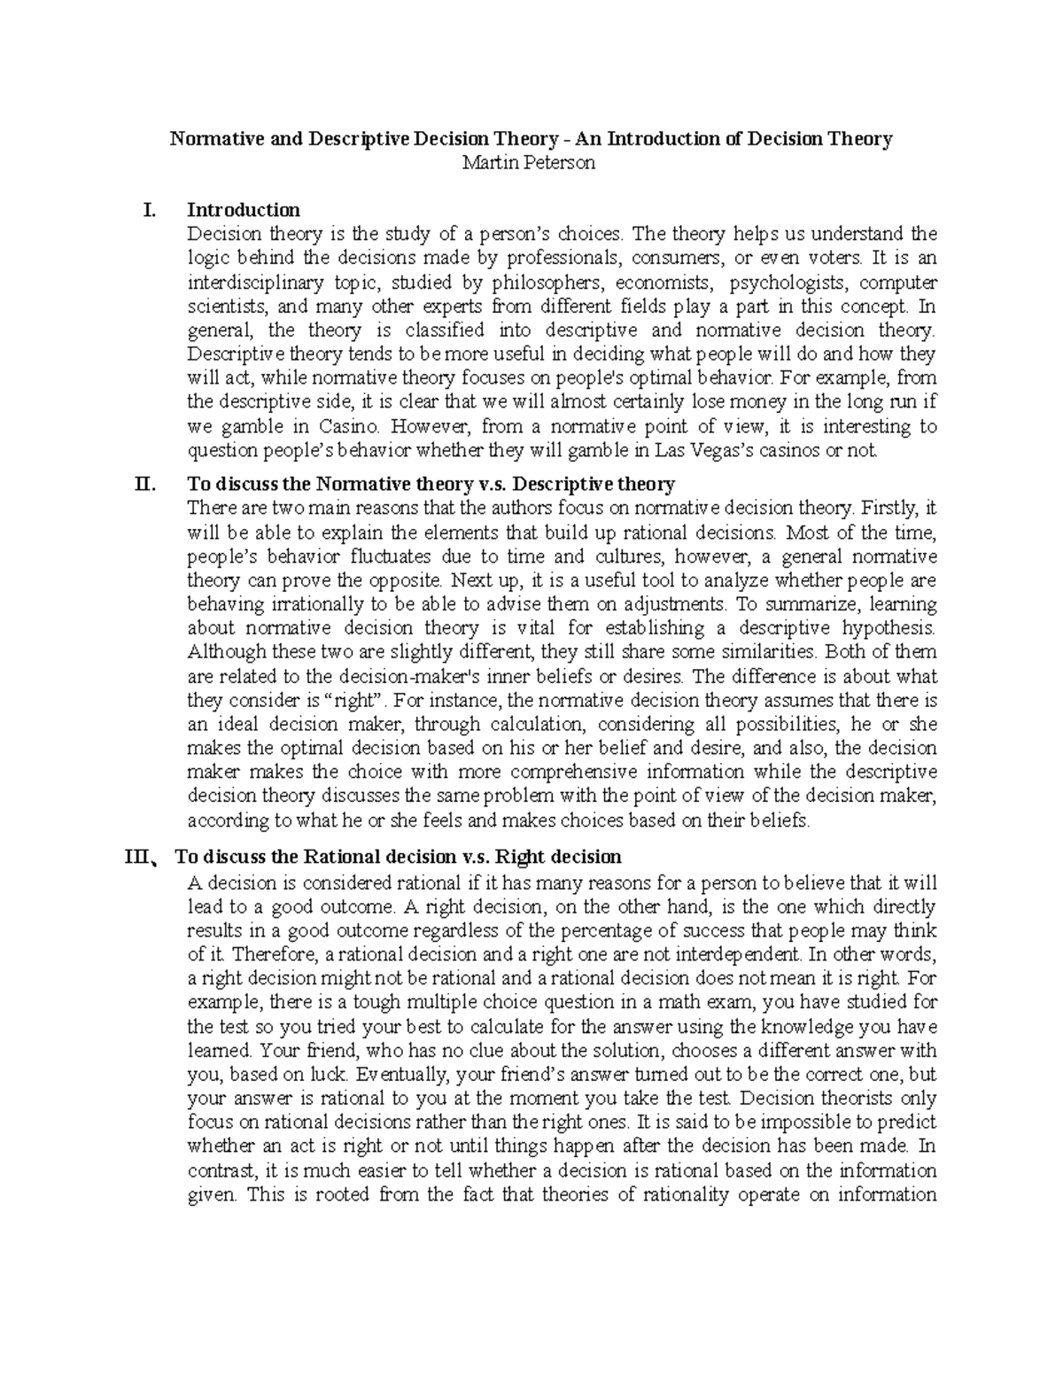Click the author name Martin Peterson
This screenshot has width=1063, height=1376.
coord(531,163)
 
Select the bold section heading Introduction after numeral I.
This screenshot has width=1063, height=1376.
coord(244,210)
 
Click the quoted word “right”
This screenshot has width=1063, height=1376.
coord(357,701)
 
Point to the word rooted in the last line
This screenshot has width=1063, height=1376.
coord(334,1194)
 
